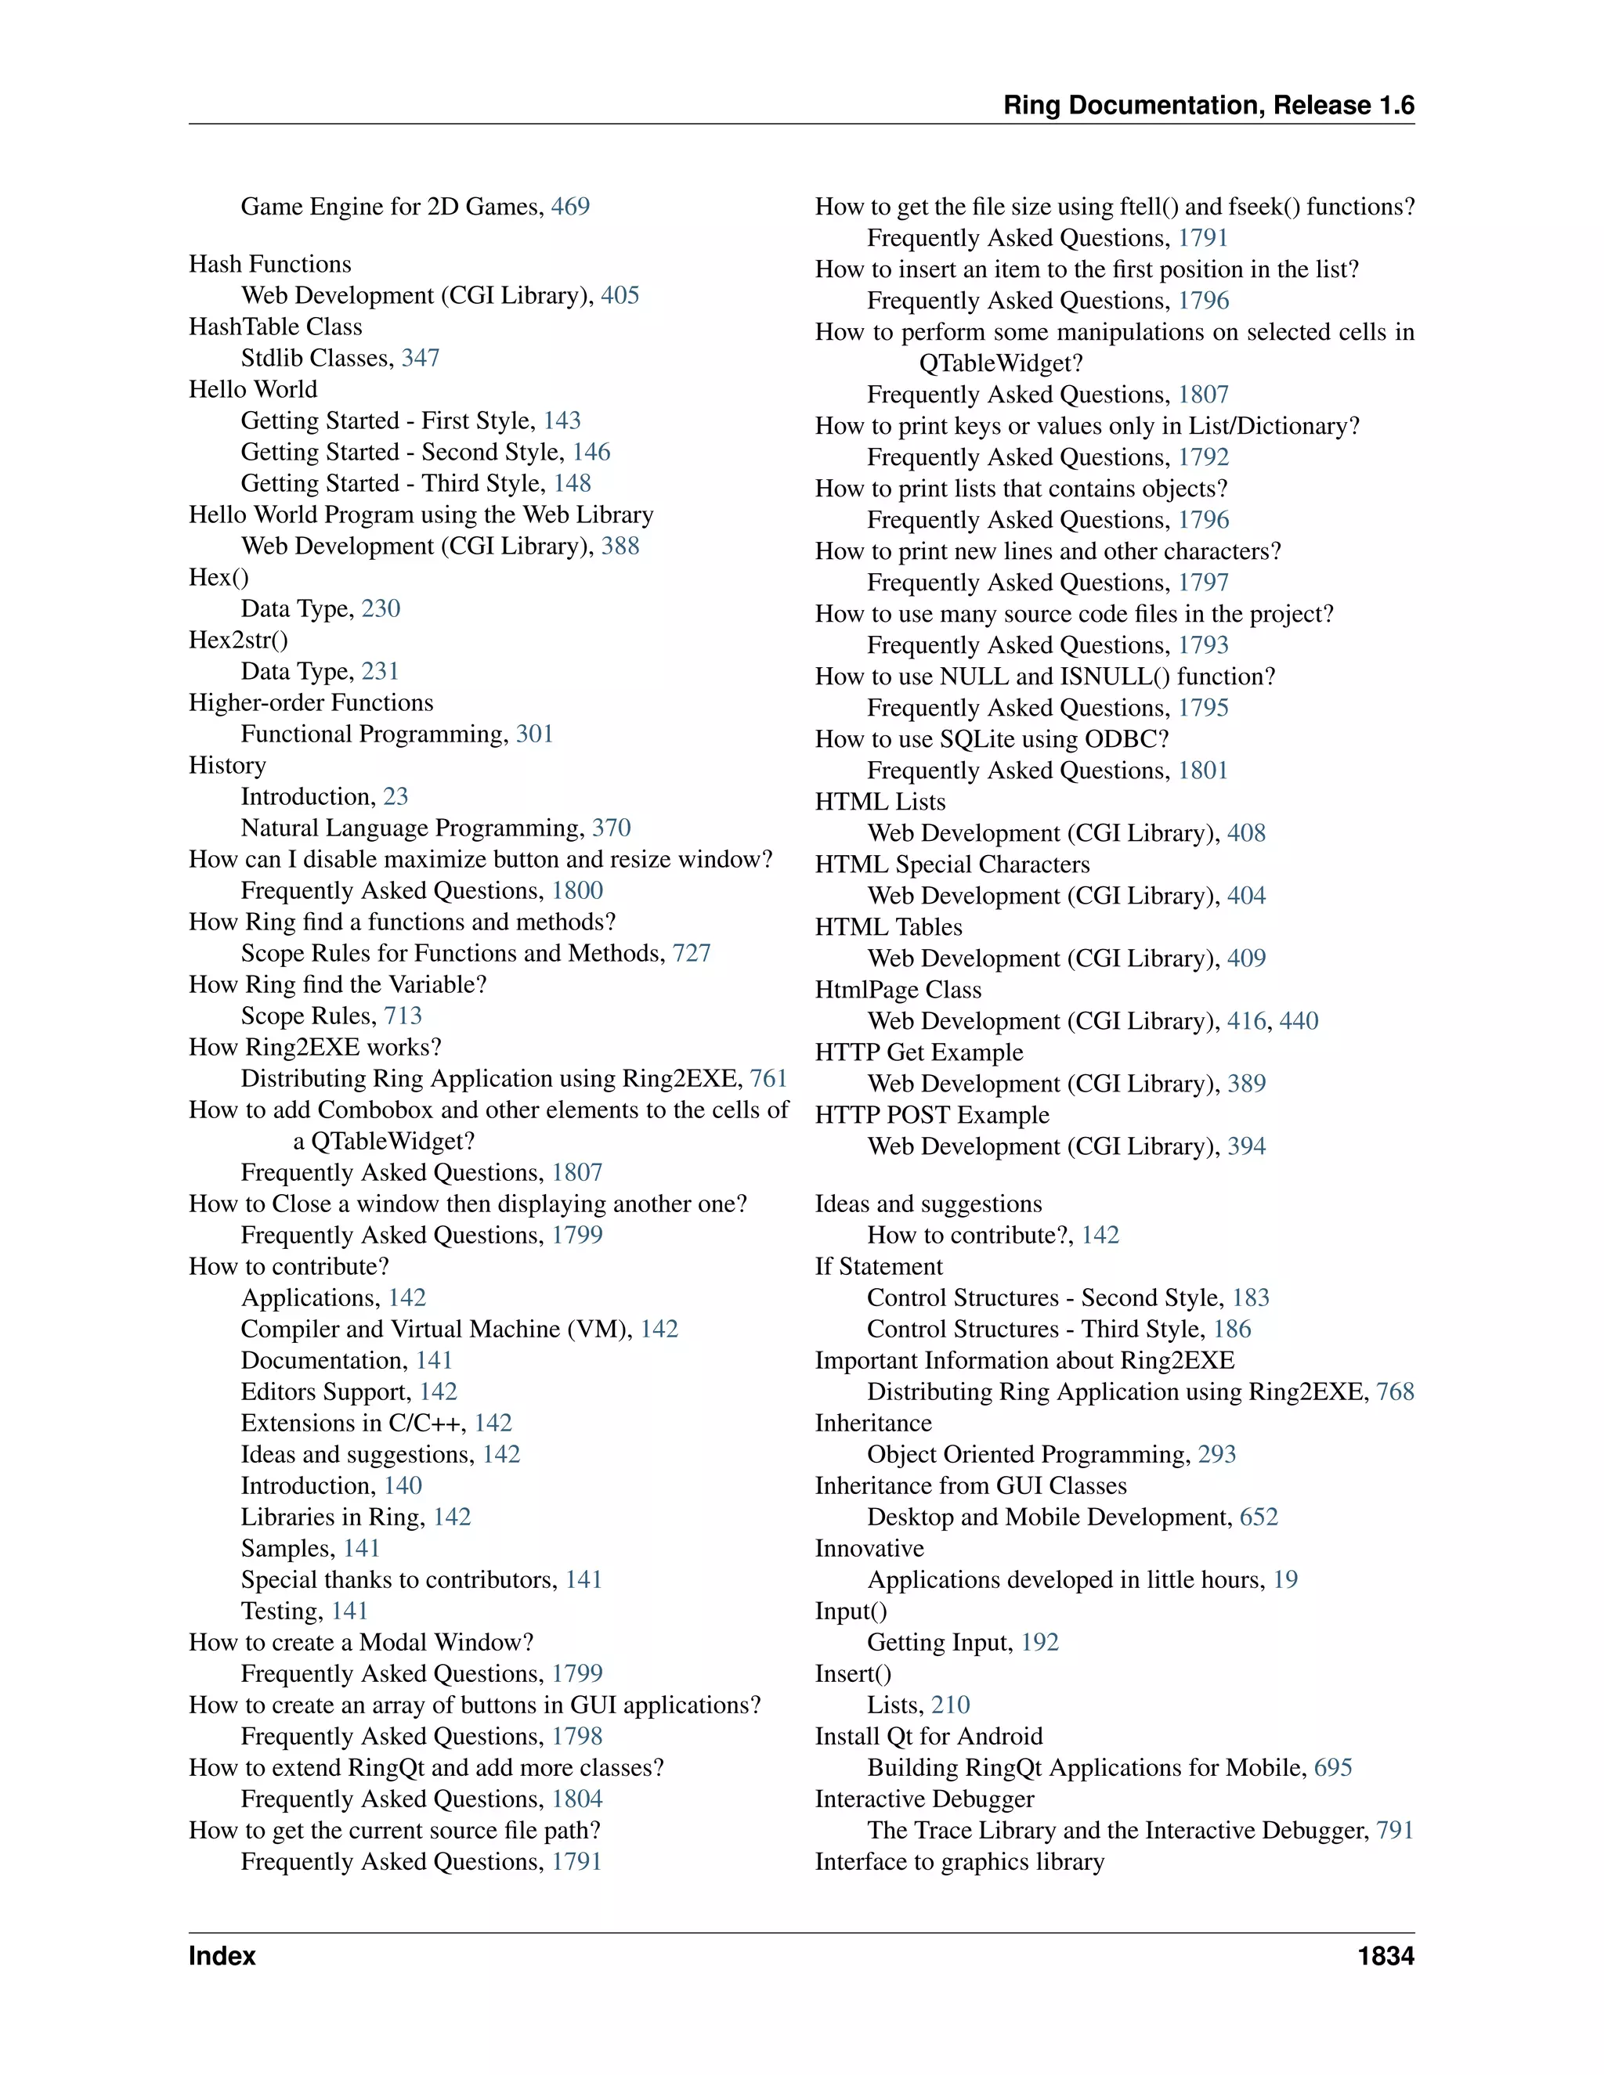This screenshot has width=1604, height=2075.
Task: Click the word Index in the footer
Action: coord(222,1956)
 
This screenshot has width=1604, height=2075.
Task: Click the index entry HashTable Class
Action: coord(276,327)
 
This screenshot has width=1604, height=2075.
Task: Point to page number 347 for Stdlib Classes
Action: coord(420,358)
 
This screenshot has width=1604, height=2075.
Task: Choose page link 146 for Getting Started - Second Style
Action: coord(591,453)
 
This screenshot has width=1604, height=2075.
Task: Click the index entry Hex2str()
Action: coord(239,641)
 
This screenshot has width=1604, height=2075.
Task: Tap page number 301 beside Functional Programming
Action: coord(534,734)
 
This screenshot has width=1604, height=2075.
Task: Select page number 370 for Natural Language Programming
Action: coord(611,828)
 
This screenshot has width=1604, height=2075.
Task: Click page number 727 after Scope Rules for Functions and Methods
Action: coord(692,953)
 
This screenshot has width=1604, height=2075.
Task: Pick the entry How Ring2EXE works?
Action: coord(316,1047)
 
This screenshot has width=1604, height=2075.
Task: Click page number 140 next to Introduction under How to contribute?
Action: coord(403,1486)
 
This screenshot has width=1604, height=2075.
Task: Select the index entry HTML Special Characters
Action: coord(952,864)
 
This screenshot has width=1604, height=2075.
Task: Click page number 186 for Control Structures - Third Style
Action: coord(1233,1330)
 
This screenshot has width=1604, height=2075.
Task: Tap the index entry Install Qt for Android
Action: coord(928,1737)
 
